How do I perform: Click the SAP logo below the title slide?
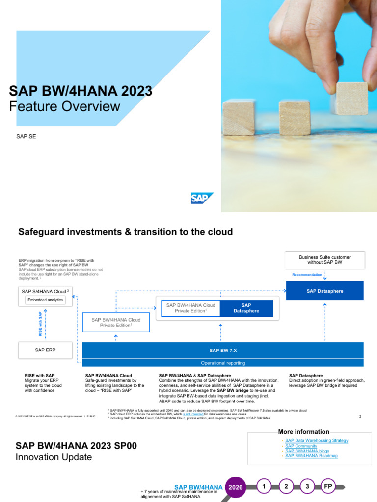201,198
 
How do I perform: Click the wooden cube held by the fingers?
350,99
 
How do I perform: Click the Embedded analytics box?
45,300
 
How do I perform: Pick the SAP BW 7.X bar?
223,350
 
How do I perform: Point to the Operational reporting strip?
223,363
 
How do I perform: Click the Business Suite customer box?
324,260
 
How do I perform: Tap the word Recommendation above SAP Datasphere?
307,275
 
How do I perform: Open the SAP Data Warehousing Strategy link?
317,441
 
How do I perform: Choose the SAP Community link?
301,446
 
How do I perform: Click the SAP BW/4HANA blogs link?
307,451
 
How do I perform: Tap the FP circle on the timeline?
328,486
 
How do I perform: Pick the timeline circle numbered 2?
286,486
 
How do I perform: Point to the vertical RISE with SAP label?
40,324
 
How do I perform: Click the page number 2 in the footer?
360,416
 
